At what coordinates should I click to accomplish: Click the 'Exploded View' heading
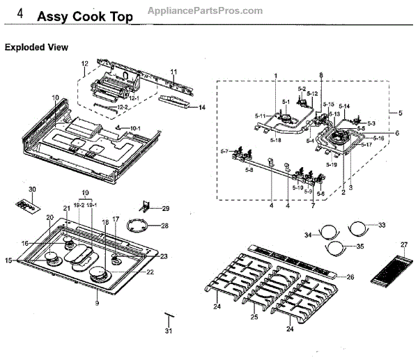tap(36, 47)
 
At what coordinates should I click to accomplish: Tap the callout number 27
tap(403, 244)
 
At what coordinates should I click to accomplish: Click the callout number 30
tap(31, 189)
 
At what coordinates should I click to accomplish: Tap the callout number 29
tap(166, 209)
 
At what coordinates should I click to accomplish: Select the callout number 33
tap(381, 225)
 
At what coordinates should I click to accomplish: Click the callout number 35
tap(359, 246)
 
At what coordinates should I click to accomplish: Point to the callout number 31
tap(168, 331)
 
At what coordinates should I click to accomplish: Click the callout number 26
tap(350, 277)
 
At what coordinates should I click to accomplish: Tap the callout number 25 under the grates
tap(254, 318)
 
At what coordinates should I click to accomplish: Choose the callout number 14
tap(202, 107)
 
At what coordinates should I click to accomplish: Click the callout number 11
tap(173, 72)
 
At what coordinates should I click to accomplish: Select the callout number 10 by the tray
tap(55, 97)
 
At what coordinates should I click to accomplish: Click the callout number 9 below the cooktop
tap(97, 303)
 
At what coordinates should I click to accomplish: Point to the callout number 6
tap(397, 132)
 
